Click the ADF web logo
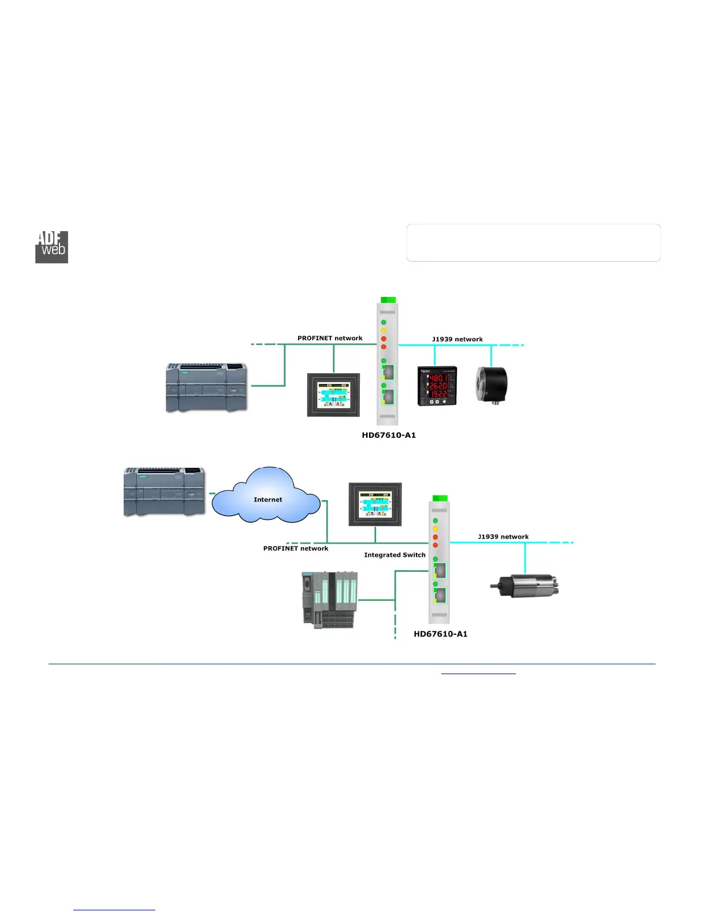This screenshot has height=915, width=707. pos(52,247)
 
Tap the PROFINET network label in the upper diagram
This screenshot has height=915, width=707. pos(330,338)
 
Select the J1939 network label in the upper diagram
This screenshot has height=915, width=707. pos(457,339)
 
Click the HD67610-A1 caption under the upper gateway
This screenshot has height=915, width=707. pos(389,435)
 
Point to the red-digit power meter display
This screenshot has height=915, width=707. pos(437,385)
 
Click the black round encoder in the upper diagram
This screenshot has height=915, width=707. pos(491,384)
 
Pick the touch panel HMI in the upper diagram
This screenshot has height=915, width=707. pos(333,395)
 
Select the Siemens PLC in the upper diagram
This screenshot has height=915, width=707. pos(207,387)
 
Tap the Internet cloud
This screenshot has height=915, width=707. pos(267,497)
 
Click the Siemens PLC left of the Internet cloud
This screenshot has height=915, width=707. pos(164,491)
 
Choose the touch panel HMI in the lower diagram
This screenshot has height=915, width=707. pos(375,504)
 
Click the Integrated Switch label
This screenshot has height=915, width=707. pos(395,555)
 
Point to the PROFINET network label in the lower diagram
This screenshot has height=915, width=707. pos(296,548)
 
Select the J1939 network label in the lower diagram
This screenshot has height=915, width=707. pos(503,537)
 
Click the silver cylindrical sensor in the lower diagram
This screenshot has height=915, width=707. pos(525,586)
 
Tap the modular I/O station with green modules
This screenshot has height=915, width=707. pos(329,600)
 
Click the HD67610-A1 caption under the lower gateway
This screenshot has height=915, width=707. pos(441,634)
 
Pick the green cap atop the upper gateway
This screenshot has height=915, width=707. pos(388,300)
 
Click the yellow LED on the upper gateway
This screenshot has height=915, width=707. pos(384,330)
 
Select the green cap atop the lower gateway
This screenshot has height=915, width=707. pos(440,498)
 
